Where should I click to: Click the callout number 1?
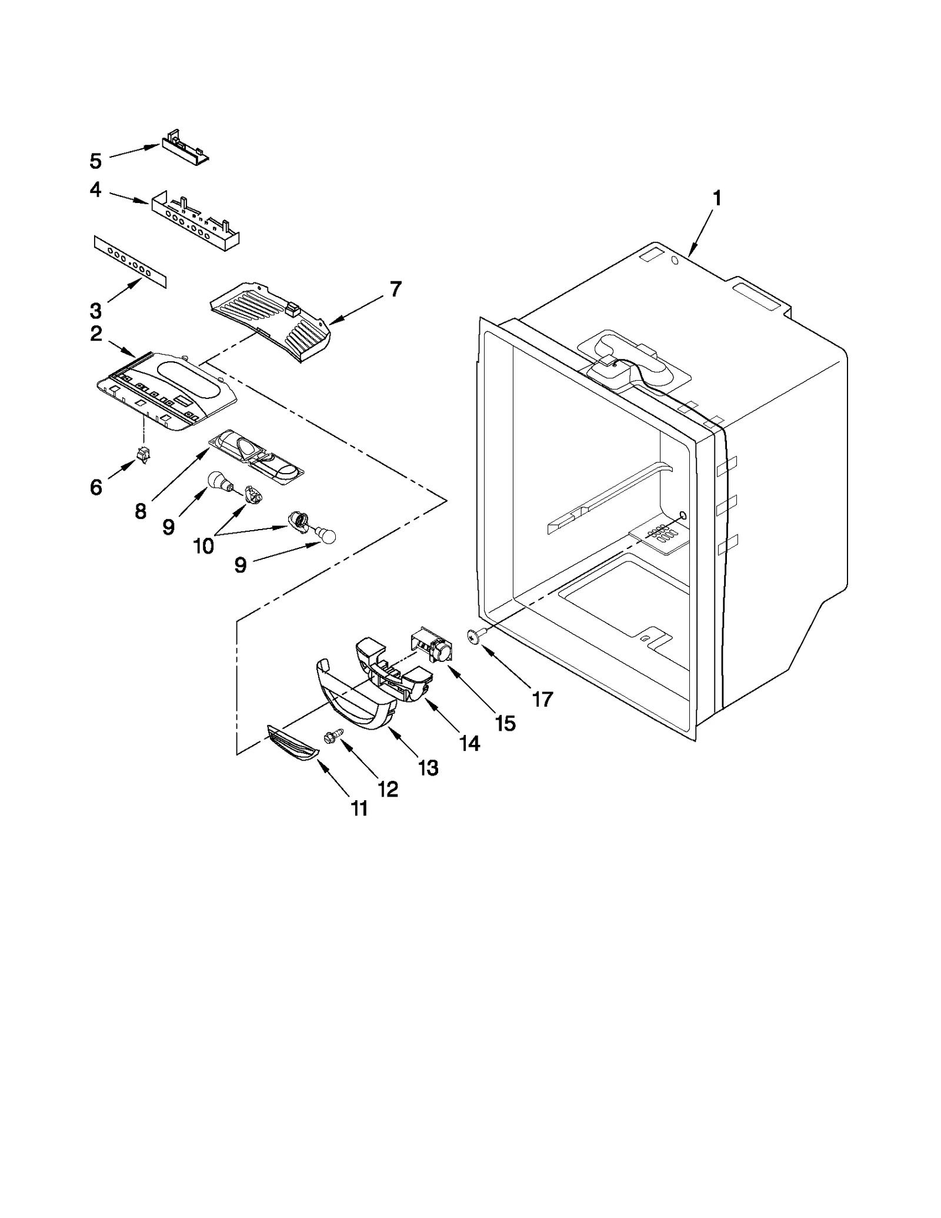pos(716,199)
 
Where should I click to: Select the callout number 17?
pos(542,699)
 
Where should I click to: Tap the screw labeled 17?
pos(474,635)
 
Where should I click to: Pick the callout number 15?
pos(505,723)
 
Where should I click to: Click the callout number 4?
pos(95,189)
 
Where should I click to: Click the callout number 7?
pos(395,289)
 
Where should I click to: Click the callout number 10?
pos(203,547)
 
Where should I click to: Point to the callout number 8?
pos(140,511)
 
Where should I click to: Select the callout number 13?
pos(428,767)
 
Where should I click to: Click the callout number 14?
pos(469,744)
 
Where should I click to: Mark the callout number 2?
pos(96,334)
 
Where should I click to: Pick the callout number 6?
pos(96,487)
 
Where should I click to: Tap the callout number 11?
pos(359,808)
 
